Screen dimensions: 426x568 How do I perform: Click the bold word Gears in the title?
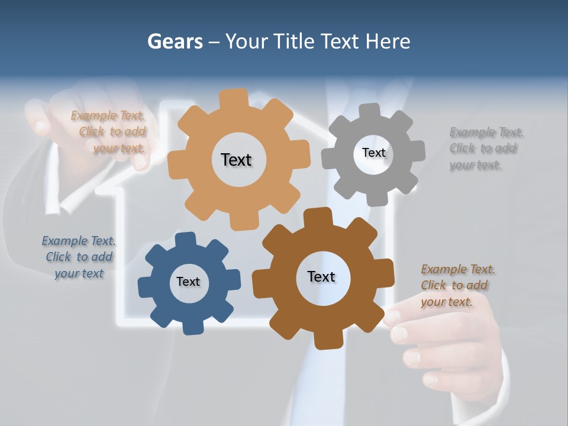click(x=175, y=41)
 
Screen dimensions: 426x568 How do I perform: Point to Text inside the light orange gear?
click(x=236, y=160)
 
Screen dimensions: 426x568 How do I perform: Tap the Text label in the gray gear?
click(x=373, y=153)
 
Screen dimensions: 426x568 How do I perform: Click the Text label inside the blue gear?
click(x=188, y=282)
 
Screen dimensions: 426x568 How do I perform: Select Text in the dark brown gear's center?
click(x=321, y=276)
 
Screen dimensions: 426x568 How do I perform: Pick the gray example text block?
click(x=485, y=149)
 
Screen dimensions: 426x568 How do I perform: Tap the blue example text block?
click(x=79, y=257)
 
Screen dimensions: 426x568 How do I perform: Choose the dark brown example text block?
click(x=457, y=286)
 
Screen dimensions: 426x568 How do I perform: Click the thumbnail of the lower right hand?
click(x=392, y=318)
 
